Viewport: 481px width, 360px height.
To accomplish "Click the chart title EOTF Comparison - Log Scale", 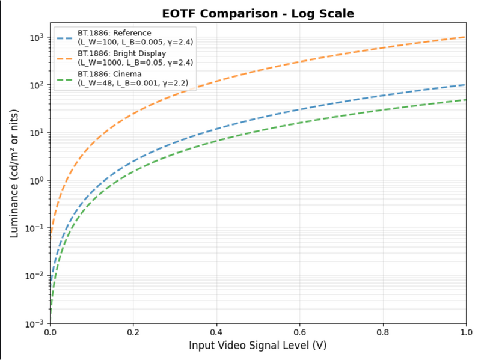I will tap(259, 14).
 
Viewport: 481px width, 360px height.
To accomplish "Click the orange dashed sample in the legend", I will tap(65, 58).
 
